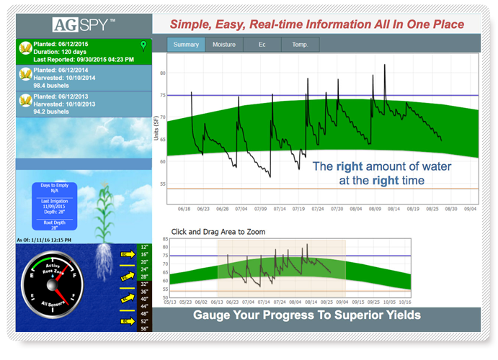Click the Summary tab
click(x=186, y=45)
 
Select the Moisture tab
click(x=223, y=45)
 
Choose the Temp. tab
click(x=299, y=45)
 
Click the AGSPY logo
click(x=84, y=24)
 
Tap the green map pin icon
click(x=143, y=46)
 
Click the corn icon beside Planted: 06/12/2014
click(x=25, y=74)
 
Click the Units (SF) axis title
click(x=156, y=132)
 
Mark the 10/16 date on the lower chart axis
click(x=404, y=303)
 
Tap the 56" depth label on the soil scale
click(x=145, y=328)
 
